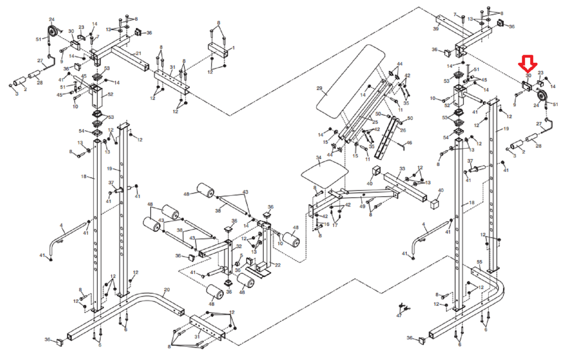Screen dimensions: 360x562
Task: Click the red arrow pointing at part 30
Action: click(528, 63)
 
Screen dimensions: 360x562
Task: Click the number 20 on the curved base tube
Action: click(167, 290)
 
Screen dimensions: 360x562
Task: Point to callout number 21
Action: click(138, 53)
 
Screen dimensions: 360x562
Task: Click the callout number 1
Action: click(234, 48)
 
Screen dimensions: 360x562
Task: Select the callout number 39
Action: click(436, 29)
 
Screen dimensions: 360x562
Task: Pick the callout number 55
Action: click(479, 262)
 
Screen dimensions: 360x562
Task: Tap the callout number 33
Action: click(402, 169)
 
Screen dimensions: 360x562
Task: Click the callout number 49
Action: click(362, 206)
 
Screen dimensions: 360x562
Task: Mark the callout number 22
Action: click(278, 265)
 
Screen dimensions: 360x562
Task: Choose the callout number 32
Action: click(239, 246)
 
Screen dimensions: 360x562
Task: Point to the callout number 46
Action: click(409, 143)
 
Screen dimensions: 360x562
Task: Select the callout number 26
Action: click(403, 130)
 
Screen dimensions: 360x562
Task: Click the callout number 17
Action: click(335, 225)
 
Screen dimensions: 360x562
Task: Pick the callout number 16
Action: click(327, 224)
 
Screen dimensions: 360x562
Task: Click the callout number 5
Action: click(241, 255)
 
